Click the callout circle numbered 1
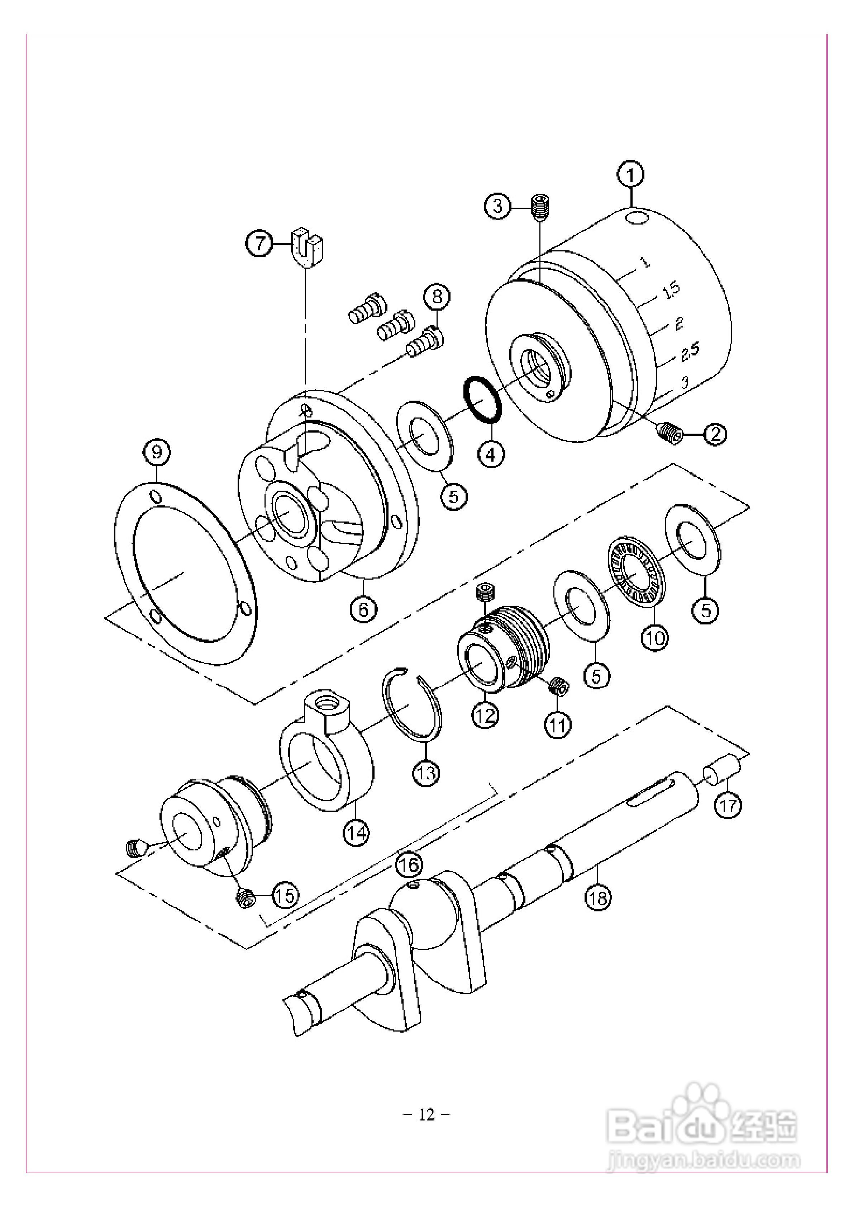point(631,175)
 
